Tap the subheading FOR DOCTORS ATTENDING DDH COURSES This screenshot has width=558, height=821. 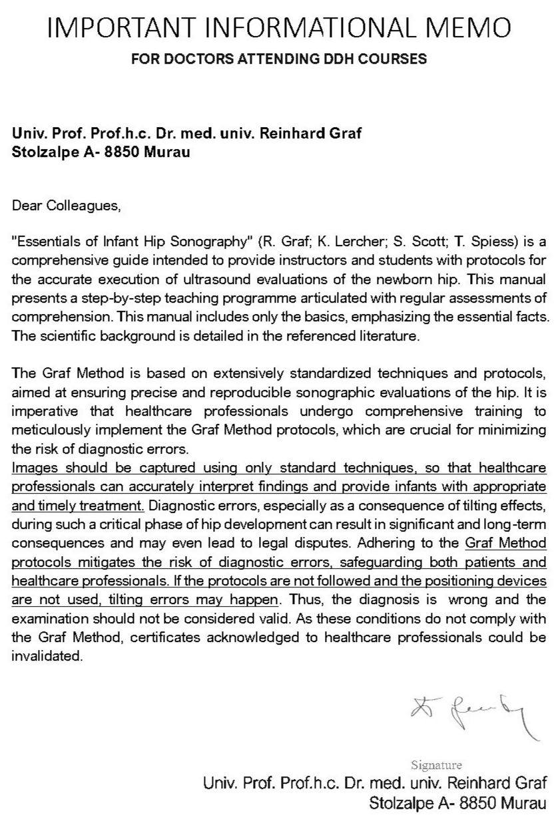(x=278, y=59)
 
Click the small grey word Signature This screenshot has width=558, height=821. (x=436, y=764)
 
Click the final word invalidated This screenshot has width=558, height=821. (x=47, y=655)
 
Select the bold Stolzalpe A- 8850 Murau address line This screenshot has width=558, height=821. (x=101, y=152)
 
